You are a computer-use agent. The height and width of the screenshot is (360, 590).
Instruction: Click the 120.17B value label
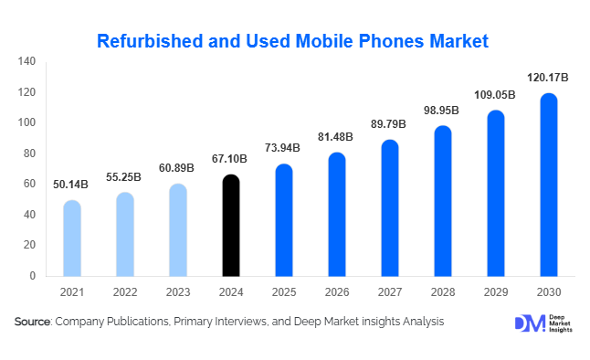(548, 79)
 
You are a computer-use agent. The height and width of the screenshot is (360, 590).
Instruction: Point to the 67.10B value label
(231, 160)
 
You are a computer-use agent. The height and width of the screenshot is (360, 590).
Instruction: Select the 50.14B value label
(72, 185)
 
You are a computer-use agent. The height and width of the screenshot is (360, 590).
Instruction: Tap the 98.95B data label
(442, 111)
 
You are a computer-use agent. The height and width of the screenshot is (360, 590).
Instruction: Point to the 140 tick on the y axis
(27, 61)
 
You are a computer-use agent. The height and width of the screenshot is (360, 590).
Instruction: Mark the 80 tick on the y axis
(30, 154)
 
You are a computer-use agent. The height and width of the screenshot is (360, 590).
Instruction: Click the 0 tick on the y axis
(33, 276)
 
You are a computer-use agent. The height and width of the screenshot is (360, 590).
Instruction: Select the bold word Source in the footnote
(32, 322)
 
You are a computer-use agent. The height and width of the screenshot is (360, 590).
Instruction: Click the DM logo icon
(529, 323)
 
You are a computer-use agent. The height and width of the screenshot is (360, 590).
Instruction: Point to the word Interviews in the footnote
(239, 322)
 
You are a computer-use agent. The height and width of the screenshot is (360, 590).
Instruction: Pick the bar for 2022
(125, 234)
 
